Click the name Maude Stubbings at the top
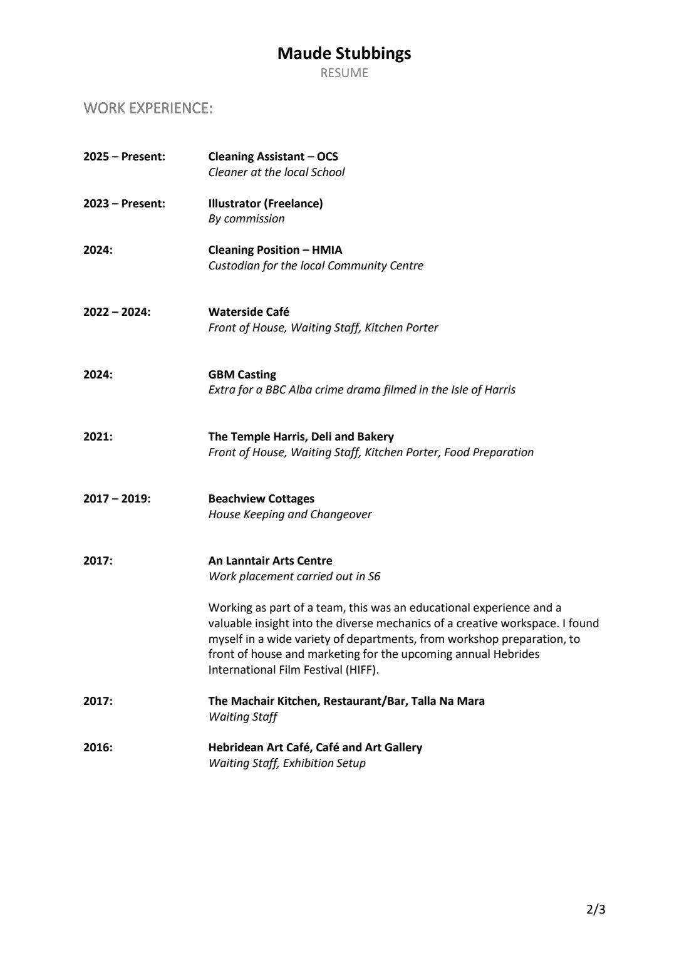point(344,54)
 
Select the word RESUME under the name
point(344,73)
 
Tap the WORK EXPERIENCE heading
point(148,108)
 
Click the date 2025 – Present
point(124,157)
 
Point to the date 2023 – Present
point(124,204)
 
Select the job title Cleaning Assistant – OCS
point(272,157)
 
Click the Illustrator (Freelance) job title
point(266,204)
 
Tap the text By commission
point(246,219)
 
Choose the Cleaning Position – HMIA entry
point(275,250)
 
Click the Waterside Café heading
point(249,312)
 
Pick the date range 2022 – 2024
point(117,312)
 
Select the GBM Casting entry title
point(242,375)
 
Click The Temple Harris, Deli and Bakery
point(301,437)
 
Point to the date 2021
point(98,437)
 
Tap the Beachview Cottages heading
point(261,499)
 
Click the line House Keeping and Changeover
point(289,514)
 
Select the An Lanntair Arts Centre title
point(270,561)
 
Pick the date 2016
point(98,748)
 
